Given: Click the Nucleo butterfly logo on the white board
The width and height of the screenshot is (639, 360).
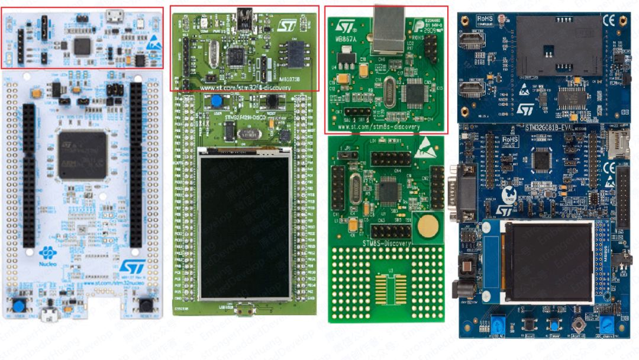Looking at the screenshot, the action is point(47,253).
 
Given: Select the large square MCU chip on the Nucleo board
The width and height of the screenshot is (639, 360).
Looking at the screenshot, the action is point(83,155).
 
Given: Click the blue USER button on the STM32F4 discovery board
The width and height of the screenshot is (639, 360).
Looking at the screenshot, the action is point(209,101).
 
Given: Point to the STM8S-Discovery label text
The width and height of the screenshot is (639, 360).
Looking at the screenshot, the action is point(386,243).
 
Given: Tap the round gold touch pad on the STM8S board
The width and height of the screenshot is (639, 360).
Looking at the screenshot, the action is point(430,226).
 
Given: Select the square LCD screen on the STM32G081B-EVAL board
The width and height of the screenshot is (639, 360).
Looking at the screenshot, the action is point(547,261).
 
